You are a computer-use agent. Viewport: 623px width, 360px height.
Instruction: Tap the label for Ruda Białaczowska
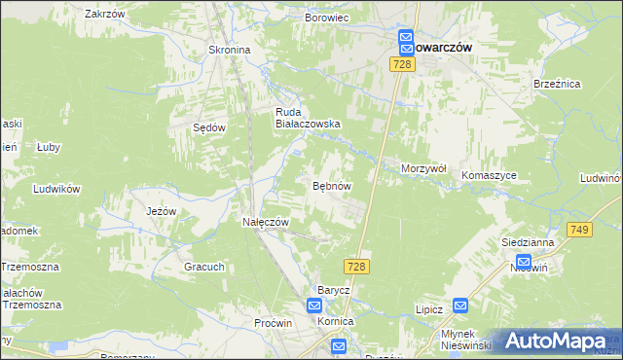(x=307, y=118)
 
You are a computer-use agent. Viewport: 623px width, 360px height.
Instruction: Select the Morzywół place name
(x=423, y=168)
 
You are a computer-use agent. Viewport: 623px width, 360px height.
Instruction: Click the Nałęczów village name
(x=266, y=222)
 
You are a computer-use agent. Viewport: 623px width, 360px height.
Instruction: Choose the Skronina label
(x=230, y=50)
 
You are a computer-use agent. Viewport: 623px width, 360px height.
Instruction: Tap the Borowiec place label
(x=327, y=18)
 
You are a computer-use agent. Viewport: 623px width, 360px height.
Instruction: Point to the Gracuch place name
(x=204, y=267)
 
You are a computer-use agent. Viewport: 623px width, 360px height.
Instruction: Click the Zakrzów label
(x=105, y=14)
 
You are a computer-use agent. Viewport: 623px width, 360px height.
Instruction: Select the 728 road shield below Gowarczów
(x=403, y=64)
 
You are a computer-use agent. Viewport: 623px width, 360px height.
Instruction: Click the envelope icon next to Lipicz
(x=461, y=306)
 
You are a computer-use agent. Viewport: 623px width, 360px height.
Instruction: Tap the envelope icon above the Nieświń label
(x=523, y=262)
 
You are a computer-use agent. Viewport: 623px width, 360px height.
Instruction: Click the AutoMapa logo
(x=556, y=342)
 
